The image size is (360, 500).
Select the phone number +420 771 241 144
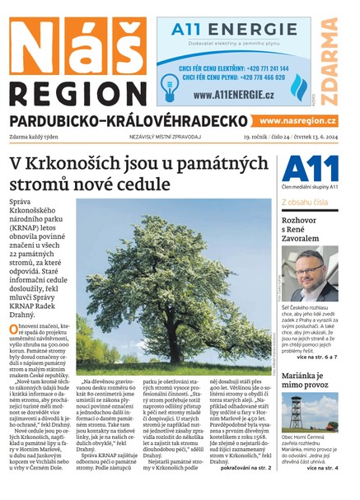(x=255, y=68)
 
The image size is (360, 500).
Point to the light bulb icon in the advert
(x=171, y=83)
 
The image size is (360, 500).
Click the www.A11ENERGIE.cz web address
(x=233, y=96)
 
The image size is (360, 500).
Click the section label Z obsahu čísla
(x=306, y=202)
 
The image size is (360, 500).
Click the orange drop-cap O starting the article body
(x=13, y=329)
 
